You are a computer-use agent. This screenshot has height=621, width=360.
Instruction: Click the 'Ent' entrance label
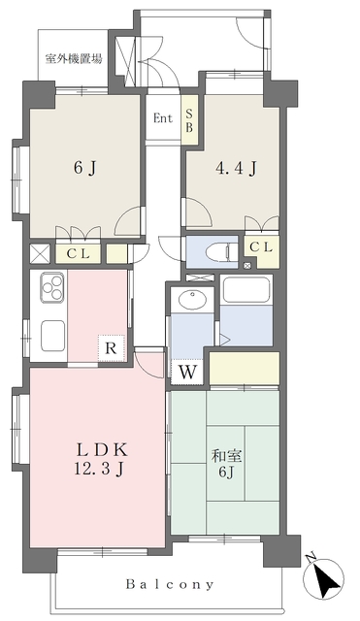[163, 118]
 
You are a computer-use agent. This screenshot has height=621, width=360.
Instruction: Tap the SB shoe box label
[189, 120]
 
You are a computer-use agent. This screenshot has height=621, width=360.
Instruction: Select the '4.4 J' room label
[236, 169]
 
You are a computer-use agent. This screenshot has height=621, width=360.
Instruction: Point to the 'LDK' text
[101, 450]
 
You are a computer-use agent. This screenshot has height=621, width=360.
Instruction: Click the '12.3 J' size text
[99, 469]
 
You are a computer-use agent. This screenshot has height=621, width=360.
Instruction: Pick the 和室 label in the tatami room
[226, 457]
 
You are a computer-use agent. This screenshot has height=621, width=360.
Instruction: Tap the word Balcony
[171, 584]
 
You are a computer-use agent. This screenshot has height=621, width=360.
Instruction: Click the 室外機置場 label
[74, 59]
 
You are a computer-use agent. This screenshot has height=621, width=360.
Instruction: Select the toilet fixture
[222, 252]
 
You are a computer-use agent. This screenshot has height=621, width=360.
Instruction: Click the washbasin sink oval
[192, 300]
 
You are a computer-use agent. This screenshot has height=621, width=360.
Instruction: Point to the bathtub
[246, 290]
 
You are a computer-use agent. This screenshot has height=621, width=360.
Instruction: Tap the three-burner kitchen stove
[51, 287]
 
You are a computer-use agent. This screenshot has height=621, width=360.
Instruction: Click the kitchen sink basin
[52, 334]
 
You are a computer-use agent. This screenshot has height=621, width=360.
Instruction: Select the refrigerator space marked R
[112, 348]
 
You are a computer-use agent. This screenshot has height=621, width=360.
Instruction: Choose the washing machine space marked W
[187, 372]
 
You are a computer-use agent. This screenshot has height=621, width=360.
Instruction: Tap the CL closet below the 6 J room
[78, 254]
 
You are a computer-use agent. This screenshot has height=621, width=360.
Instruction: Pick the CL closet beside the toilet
[262, 249]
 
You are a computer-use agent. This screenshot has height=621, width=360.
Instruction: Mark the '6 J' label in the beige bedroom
[84, 169]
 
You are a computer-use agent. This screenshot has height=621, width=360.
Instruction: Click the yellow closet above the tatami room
[245, 368]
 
